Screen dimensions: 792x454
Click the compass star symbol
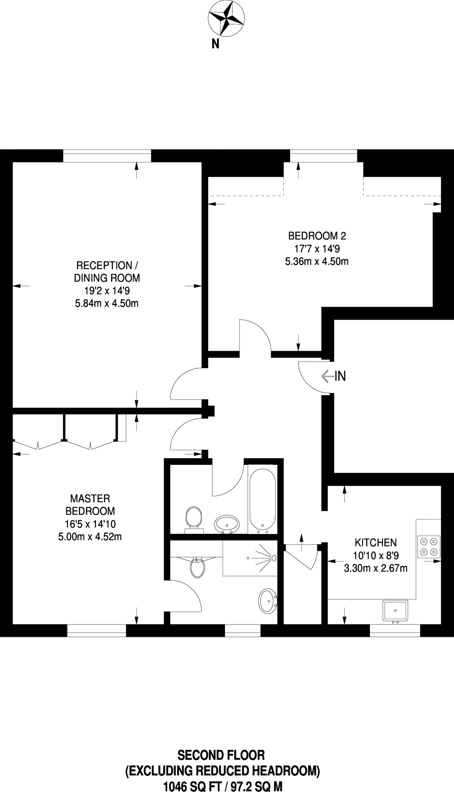(x=226, y=18)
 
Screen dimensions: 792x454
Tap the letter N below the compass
(x=215, y=44)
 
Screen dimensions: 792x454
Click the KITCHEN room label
(x=375, y=542)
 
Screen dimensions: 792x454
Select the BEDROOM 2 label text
(x=317, y=236)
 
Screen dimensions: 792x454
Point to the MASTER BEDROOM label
(x=90, y=505)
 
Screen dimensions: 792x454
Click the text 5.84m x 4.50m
(x=107, y=303)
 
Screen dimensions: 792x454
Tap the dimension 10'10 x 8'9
(x=375, y=555)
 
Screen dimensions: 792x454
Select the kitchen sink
(x=395, y=611)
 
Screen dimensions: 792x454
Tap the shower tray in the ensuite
(x=250, y=558)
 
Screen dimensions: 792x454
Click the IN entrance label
(x=340, y=376)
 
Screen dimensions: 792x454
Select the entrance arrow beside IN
(x=327, y=376)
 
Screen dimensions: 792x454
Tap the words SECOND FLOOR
(x=221, y=754)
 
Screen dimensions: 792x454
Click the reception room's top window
(x=107, y=156)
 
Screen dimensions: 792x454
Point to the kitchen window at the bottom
(x=395, y=631)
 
